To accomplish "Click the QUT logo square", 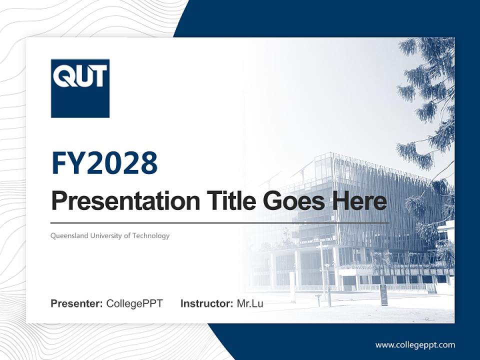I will pos(80,88).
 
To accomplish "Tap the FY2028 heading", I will pos(104,163).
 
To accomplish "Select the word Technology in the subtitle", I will pos(150,235).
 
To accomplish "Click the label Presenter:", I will pos(76,303).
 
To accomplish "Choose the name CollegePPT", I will pos(134,303).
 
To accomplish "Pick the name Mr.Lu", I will pos(250,303).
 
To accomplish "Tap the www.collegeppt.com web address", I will pos(415,345).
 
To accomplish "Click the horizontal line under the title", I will pos(220,222).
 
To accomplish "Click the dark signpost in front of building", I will pos(384,294).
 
